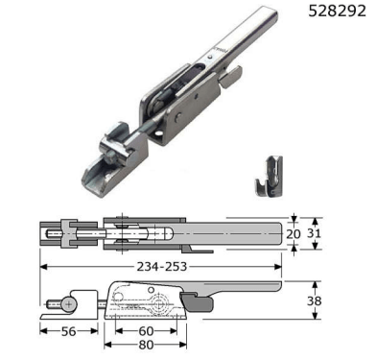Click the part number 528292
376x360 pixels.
[337, 12]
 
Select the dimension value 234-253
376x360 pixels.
[162, 266]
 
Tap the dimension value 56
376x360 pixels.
[69, 331]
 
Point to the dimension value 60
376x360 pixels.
[147, 331]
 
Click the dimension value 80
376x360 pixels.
[147, 345]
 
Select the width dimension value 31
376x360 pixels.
[314, 233]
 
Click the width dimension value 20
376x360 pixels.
[294, 234]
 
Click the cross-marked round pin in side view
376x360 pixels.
[68, 304]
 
